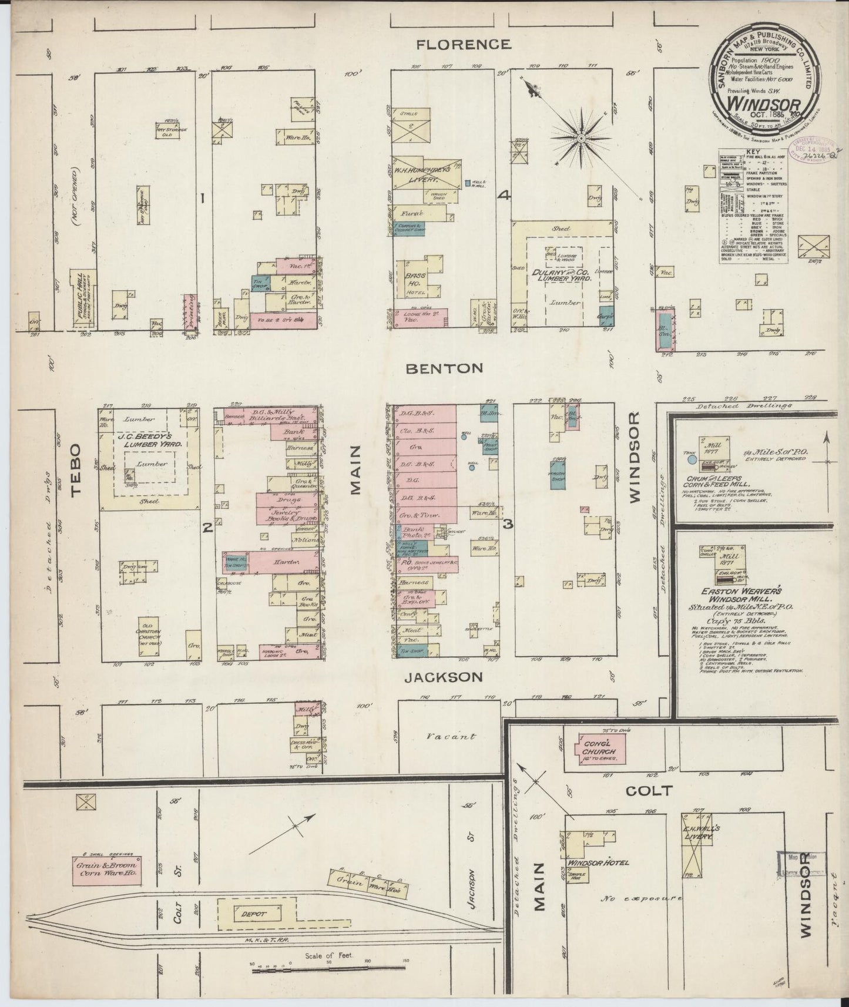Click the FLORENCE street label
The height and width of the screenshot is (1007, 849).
(x=463, y=44)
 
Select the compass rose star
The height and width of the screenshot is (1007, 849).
(x=580, y=139)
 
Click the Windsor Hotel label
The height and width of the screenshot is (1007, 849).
(x=598, y=862)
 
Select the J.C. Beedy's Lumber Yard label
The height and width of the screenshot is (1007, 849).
(x=149, y=440)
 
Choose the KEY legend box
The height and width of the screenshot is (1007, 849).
(x=754, y=206)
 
